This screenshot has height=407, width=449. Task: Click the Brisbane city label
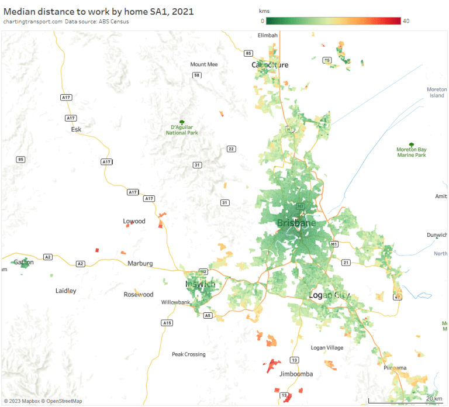296,223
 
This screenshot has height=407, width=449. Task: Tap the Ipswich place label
200,284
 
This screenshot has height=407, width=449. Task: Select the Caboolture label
270,65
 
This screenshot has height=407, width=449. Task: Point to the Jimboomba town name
296,374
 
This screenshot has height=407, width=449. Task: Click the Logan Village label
327,348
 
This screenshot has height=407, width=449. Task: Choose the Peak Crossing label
188,354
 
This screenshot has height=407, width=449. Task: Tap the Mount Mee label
203,64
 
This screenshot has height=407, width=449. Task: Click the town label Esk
75,130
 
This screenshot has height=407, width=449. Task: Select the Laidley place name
65,291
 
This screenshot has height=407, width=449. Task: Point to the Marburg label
140,264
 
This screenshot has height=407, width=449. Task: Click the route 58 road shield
197,75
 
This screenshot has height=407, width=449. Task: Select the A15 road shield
167,323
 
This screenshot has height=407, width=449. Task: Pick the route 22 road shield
232,149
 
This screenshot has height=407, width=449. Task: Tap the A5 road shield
208,316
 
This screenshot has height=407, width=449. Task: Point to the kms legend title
264,11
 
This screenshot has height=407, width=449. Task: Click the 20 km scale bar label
434,398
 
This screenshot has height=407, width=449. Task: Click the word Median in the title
18,11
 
